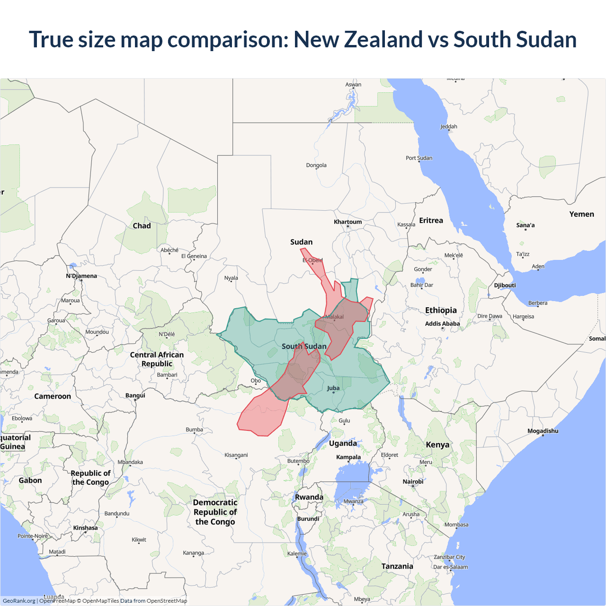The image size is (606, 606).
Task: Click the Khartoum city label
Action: pos(348,222)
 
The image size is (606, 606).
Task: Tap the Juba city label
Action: pos(333,388)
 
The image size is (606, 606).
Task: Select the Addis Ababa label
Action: pos(442,324)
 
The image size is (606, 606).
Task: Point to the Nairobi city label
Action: pos(413,481)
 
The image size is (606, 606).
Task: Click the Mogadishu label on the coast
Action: pos(543,431)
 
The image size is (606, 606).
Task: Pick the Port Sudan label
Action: pos(419,158)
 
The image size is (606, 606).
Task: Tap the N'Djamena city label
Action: pos(81,276)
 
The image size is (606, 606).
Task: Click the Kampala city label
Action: pos(348,457)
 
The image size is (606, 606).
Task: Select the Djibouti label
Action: pos(505,285)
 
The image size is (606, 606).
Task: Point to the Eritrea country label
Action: pos(431,221)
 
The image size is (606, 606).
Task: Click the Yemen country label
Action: pos(581,214)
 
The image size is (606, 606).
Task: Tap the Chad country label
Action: pos(142,226)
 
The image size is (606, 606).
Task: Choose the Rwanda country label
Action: pos(309,497)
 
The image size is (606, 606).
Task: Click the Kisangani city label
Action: pos(236,455)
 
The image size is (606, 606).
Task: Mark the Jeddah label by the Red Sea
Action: pos(448,126)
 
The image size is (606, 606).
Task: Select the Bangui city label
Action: pos(135,395)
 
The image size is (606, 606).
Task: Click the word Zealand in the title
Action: pos(383,39)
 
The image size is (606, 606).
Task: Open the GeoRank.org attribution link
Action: pos(19,601)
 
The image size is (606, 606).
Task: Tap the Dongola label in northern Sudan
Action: pos(316,165)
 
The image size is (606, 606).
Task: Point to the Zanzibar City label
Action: pos(449,557)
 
